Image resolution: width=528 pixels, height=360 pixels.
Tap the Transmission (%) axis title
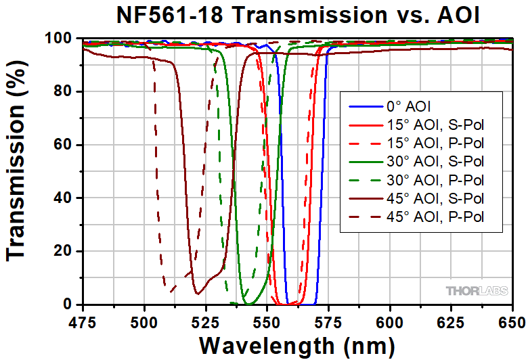tap(18, 173)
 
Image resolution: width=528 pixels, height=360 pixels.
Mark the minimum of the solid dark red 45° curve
tap(197, 293)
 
